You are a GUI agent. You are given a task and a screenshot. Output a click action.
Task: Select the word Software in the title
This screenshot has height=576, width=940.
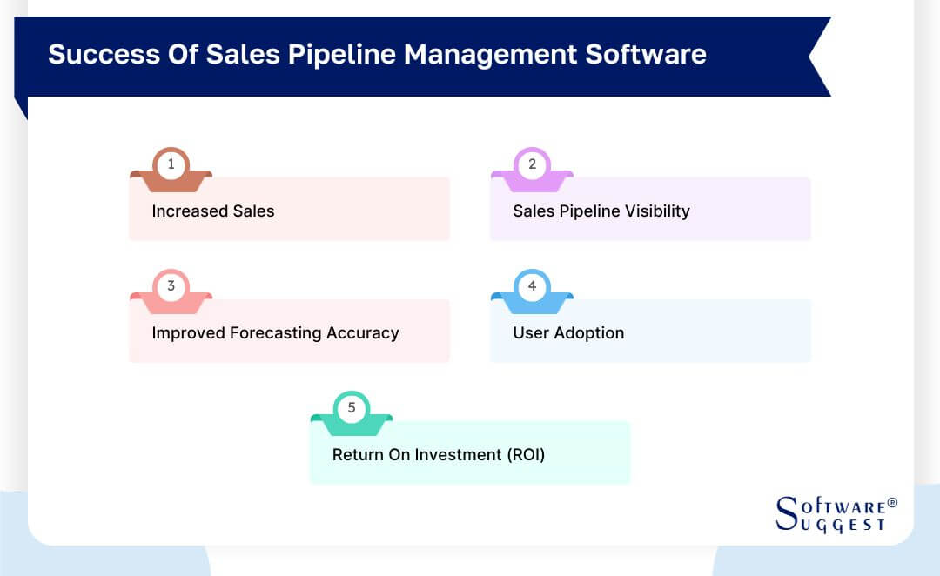[645, 55]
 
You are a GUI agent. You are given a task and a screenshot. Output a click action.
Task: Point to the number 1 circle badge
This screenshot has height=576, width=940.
[171, 164]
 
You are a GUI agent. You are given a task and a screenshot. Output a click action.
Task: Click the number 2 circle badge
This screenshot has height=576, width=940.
[532, 164]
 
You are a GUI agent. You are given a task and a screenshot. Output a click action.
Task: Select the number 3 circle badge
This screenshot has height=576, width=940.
[171, 285]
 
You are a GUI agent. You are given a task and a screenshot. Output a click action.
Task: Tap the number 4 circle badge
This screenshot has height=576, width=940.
[532, 285]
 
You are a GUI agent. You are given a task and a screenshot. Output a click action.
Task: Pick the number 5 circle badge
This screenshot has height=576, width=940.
[352, 407]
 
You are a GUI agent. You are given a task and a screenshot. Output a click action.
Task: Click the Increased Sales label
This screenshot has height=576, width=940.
[213, 211]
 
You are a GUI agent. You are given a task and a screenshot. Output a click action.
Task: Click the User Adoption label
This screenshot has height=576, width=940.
[568, 332]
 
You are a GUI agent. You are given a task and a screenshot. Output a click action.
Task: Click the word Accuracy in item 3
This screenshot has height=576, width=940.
[363, 332]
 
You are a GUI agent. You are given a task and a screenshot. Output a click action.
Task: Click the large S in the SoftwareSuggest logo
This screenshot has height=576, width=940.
[786, 512]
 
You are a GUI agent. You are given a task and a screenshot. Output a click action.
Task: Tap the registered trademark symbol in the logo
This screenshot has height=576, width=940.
[891, 503]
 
